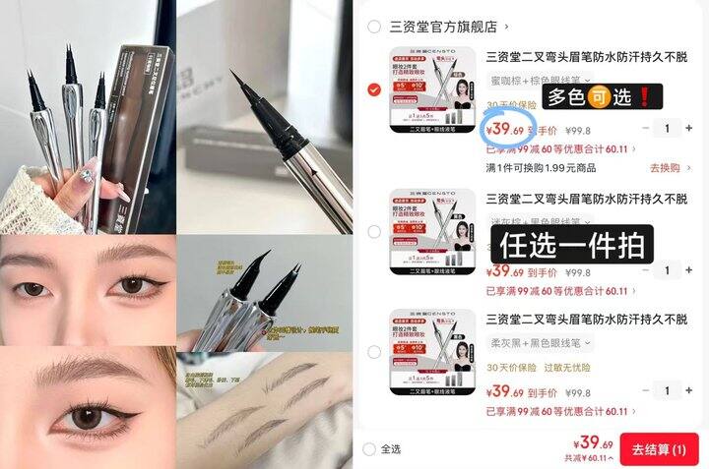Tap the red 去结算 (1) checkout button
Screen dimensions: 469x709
[659, 448]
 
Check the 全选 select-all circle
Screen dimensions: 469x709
[369, 449]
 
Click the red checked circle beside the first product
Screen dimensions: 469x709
[373, 89]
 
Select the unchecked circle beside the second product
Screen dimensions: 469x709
[373, 232]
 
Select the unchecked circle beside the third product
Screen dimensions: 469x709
[373, 352]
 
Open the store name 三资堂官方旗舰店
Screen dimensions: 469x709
[444, 27]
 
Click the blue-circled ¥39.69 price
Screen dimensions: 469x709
[504, 129]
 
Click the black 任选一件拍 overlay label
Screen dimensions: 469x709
[572, 242]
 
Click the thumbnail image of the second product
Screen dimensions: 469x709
[432, 231]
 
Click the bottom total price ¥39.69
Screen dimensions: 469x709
[594, 443]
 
